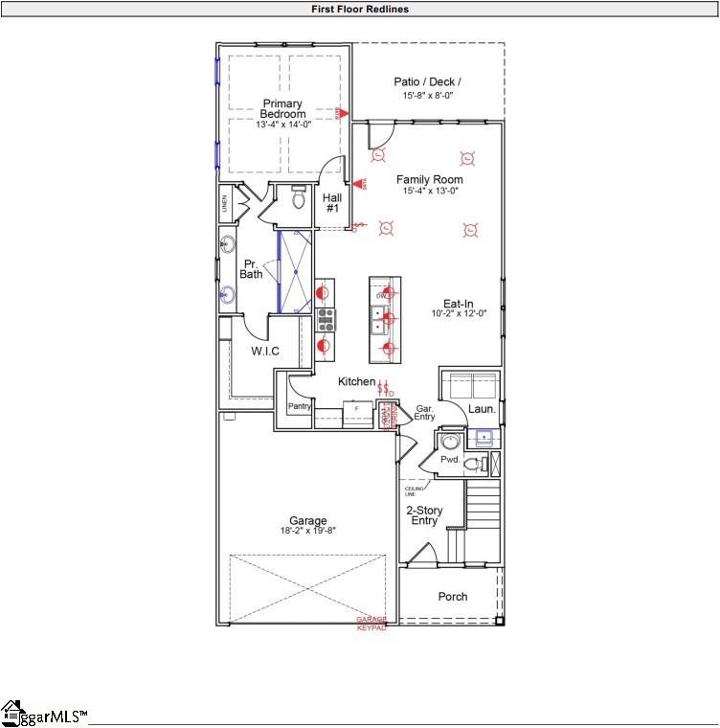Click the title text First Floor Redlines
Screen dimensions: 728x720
coord(360,9)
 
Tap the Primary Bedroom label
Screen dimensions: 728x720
coord(282,109)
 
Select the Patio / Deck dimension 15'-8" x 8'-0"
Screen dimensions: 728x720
coord(428,96)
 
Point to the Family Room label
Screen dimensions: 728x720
coord(430,179)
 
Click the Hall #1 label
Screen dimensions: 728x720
coord(332,203)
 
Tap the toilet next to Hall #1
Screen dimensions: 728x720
coord(297,199)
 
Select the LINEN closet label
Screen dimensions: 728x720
coord(226,203)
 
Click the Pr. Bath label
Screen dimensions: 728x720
coord(251,268)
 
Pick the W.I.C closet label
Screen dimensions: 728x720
coord(265,352)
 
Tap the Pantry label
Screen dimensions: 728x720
coord(300,407)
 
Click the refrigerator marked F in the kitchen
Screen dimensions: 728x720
coord(357,409)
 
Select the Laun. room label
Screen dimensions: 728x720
coord(482,409)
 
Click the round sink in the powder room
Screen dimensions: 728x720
coord(450,442)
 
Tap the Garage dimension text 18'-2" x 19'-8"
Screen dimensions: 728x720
coord(307,530)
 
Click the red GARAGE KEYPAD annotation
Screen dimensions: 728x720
coord(371,624)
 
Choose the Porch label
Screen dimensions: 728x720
coord(453,597)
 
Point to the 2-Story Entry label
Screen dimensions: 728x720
coord(422,515)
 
